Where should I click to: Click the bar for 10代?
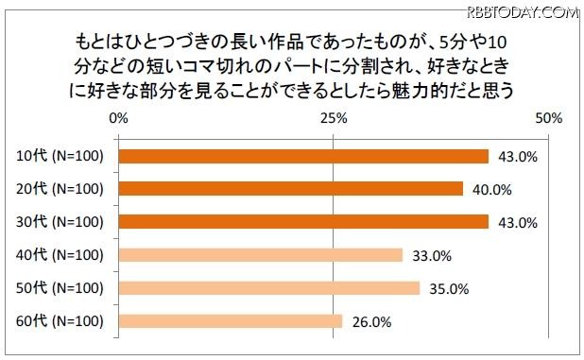[x=303, y=156]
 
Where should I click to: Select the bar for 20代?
[x=291, y=188]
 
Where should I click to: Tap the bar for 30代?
[x=303, y=221]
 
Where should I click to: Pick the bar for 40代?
[x=261, y=254]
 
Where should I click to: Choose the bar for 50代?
[x=269, y=287]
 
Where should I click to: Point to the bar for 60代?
[x=231, y=320]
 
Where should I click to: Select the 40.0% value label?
[x=491, y=189]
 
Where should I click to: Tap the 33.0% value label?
[x=431, y=255]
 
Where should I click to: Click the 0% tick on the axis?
[x=119, y=119]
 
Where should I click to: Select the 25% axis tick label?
[x=334, y=119]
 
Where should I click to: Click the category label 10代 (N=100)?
[x=60, y=156]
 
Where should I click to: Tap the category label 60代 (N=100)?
[x=60, y=320]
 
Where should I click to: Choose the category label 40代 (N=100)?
[x=60, y=254]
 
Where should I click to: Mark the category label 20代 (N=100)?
[x=60, y=188]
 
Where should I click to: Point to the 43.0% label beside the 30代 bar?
[x=517, y=222]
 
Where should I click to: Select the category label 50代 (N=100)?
[x=60, y=287]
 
